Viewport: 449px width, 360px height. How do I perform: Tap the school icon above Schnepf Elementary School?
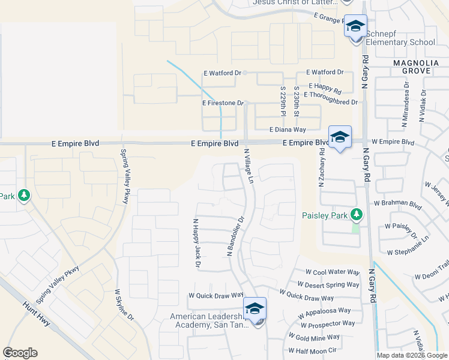pyautogui.click(x=356, y=26)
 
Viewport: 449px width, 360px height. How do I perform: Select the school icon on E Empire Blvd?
pyautogui.click(x=340, y=137)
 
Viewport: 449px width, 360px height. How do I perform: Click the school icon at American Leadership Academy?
pyautogui.click(x=255, y=310)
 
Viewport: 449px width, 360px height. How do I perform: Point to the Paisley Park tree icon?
pyautogui.click(x=357, y=214)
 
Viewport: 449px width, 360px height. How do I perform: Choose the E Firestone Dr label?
pyautogui.click(x=223, y=103)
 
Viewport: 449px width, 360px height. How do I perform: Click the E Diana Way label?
pyautogui.click(x=288, y=129)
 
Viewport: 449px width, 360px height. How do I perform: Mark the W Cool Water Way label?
pyautogui.click(x=332, y=272)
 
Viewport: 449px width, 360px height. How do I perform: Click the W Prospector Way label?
pyautogui.click(x=325, y=325)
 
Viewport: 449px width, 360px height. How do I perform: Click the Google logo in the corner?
pyautogui.click(x=20, y=353)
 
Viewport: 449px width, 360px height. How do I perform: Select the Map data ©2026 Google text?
pyautogui.click(x=412, y=355)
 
